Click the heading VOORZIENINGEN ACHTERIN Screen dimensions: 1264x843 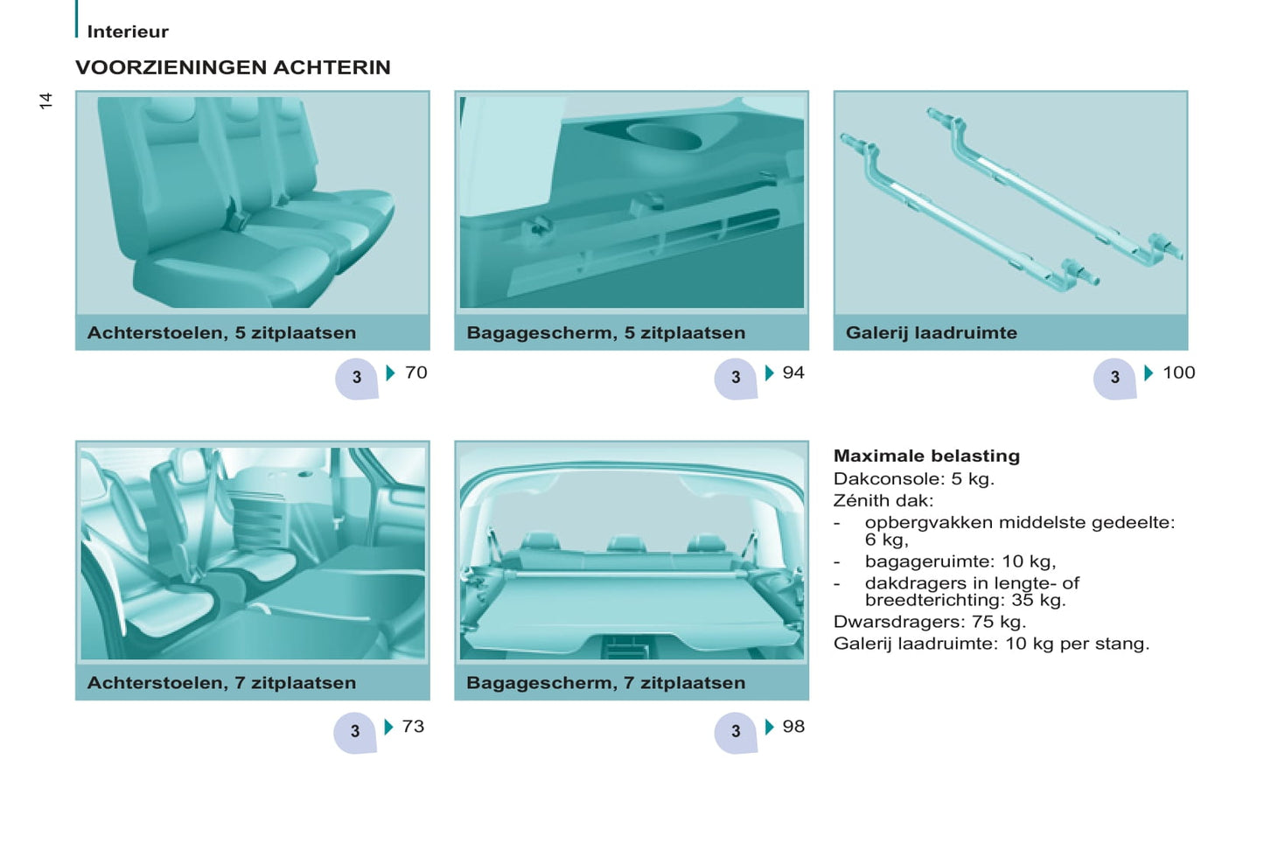[233, 67]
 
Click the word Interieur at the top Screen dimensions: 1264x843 [128, 31]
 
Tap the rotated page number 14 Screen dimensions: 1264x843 [45, 101]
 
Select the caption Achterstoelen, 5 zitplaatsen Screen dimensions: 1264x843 [222, 333]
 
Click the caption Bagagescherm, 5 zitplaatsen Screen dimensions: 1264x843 [606, 333]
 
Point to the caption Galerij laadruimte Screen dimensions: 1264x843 [932, 333]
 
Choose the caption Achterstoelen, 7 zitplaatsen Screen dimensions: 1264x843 [222, 683]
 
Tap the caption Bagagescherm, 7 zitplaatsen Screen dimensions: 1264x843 [606, 683]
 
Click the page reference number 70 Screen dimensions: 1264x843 [416, 373]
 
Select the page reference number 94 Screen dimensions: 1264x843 [793, 373]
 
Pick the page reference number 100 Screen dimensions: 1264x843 [1179, 373]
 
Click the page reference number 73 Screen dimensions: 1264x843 [413, 726]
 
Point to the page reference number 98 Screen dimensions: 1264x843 [793, 726]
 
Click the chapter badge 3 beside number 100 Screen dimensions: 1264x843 [1114, 378]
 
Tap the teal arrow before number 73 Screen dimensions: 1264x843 [388, 727]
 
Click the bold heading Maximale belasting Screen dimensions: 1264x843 [926, 456]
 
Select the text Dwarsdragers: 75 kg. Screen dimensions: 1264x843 [929, 622]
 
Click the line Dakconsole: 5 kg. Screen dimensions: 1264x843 [913, 479]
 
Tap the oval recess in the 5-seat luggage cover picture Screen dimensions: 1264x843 [664, 136]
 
